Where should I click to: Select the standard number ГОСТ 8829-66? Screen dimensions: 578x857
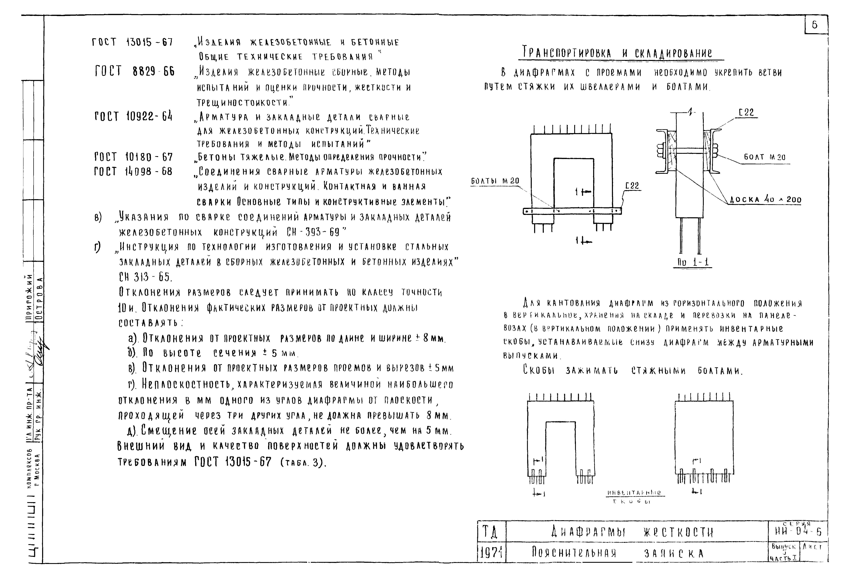[x=134, y=71]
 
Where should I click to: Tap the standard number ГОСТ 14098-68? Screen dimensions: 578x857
[x=133, y=171]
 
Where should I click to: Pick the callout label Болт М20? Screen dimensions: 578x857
[x=765, y=157]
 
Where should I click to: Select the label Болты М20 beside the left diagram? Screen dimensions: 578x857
[x=495, y=181]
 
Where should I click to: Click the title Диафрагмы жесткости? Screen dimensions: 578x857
[x=632, y=532]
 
